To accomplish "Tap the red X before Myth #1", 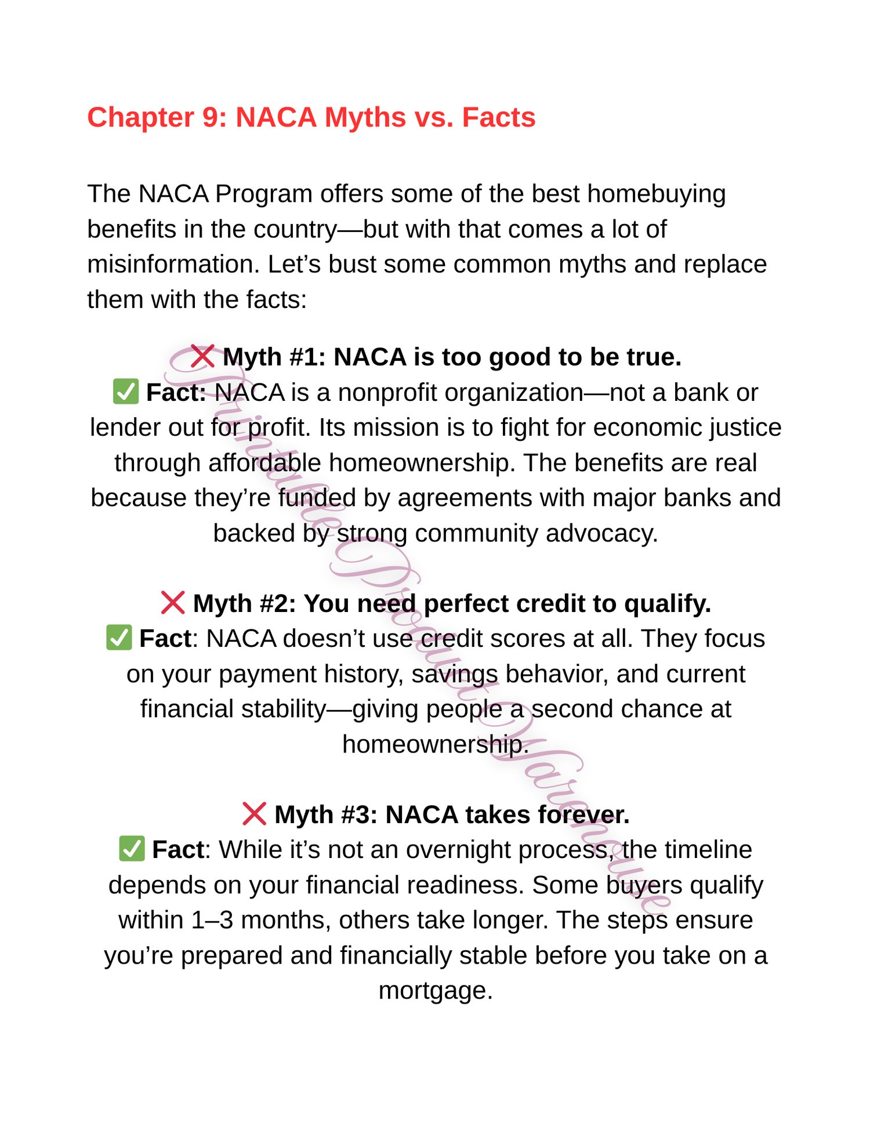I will click(202, 356).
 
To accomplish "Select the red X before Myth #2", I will click(173, 603).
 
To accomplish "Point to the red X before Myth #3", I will click(254, 814).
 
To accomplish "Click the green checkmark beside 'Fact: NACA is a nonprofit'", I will click(126, 392).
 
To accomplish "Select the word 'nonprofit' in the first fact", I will click(387, 393).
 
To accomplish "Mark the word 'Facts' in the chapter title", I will click(498, 117).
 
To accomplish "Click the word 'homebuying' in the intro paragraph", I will click(656, 194).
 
